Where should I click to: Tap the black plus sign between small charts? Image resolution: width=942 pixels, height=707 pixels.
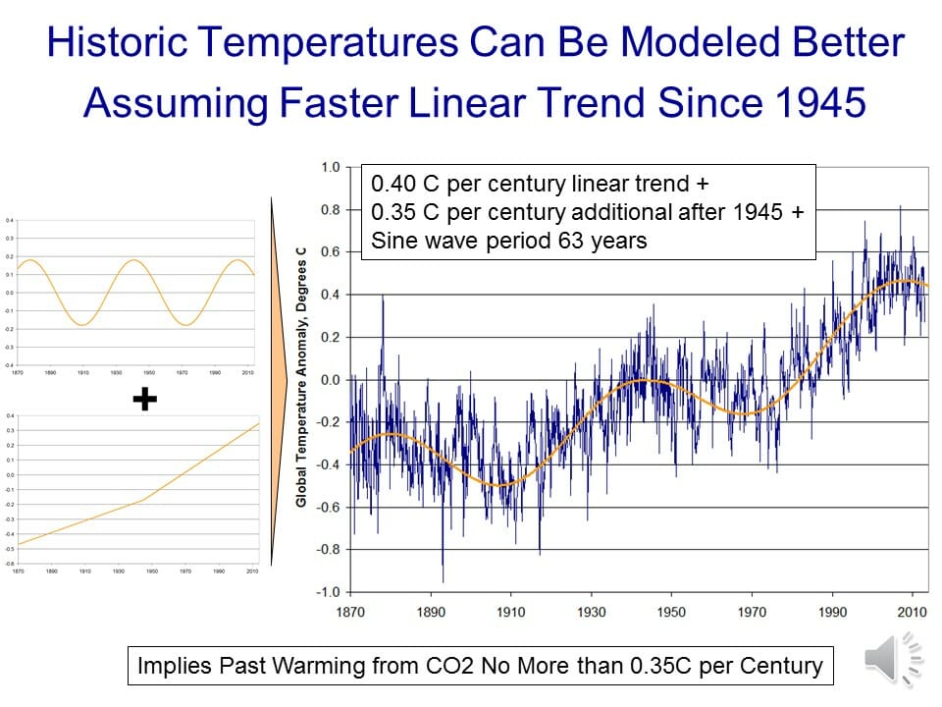[145, 398]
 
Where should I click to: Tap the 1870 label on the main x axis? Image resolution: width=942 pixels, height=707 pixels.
[350, 613]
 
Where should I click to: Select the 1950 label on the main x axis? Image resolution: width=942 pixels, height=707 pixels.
[671, 613]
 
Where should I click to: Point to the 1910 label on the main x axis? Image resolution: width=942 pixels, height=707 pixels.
[511, 613]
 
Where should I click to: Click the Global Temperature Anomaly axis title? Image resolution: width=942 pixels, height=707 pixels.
[302, 378]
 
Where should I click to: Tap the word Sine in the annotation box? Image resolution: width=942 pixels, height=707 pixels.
[392, 241]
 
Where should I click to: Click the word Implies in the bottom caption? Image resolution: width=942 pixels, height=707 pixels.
[174, 666]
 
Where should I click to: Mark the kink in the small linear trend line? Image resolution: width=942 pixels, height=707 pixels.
[144, 499]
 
